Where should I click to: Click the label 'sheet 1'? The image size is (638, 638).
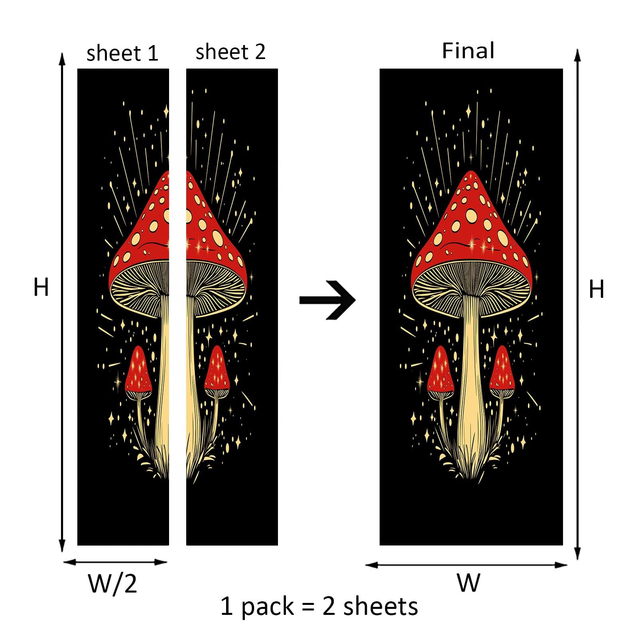[x=122, y=53]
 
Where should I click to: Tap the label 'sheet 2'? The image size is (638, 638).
[x=230, y=52]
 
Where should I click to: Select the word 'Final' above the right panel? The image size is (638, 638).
[x=468, y=51]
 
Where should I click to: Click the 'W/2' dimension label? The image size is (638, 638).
[x=112, y=584]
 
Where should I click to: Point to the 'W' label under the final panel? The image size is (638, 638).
[x=469, y=583]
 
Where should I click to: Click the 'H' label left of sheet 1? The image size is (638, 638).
[x=41, y=287]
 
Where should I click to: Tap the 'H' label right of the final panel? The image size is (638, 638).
[x=597, y=289]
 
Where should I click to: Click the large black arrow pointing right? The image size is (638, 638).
[x=327, y=300]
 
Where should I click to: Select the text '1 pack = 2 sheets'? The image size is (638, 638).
[x=319, y=606]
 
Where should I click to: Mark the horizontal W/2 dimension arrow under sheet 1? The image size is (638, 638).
[x=115, y=562]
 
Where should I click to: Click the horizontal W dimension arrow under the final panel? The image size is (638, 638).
[x=466, y=565]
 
